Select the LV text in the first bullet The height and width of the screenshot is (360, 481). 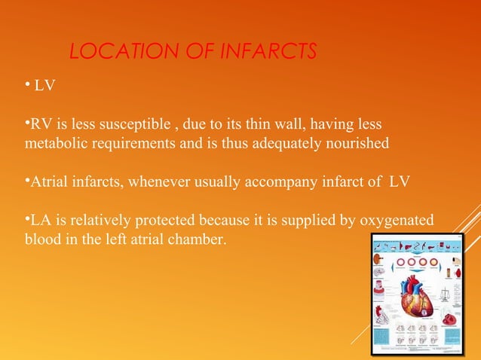pos(44,88)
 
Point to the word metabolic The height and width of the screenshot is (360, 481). pos(54,143)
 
